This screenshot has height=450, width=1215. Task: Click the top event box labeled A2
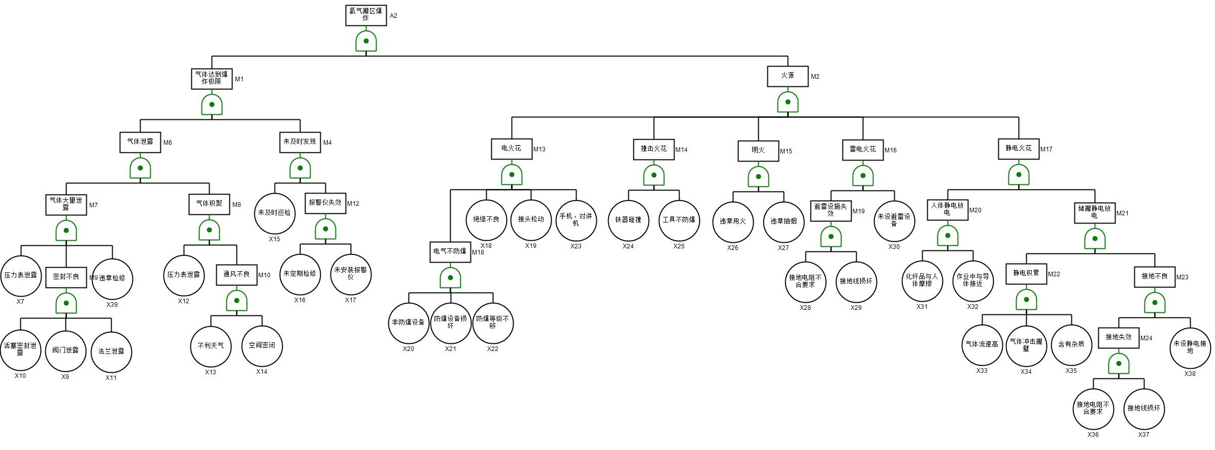pyautogui.click(x=366, y=15)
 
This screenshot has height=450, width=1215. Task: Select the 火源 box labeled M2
pyautogui.click(x=788, y=76)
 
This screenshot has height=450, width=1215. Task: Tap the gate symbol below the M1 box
pyautogui.click(x=212, y=105)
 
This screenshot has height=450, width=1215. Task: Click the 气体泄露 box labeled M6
pyautogui.click(x=141, y=142)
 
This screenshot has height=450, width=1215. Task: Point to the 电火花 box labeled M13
pyautogui.click(x=512, y=149)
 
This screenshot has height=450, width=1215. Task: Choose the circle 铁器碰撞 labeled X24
pyautogui.click(x=628, y=220)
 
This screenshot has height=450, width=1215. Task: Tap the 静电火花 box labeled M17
pyautogui.click(x=1019, y=149)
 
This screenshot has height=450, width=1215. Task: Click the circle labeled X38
pyautogui.click(x=1190, y=347)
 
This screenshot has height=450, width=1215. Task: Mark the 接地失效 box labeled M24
pyautogui.click(x=1119, y=338)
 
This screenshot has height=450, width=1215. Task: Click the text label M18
pyautogui.click(x=478, y=252)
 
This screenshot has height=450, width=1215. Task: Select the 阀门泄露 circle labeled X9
pyautogui.click(x=65, y=351)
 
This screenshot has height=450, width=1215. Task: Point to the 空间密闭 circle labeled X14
pyautogui.click(x=262, y=346)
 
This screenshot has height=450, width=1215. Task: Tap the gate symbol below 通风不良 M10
pyautogui.click(x=237, y=301)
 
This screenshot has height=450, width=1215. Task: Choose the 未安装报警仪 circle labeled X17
pyautogui.click(x=351, y=274)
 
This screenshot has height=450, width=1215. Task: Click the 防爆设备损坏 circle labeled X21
pyautogui.click(x=451, y=323)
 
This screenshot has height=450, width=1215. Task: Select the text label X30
pyautogui.click(x=894, y=247)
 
